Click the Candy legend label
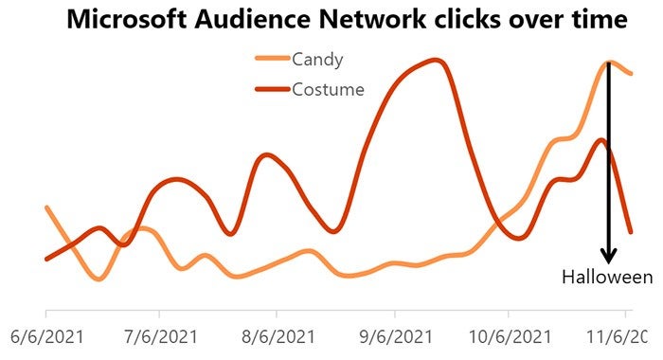(x=317, y=60)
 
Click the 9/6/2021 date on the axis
(x=396, y=336)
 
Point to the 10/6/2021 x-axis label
(x=508, y=336)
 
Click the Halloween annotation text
(x=607, y=277)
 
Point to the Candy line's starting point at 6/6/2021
(x=46, y=207)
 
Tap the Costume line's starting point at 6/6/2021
(x=46, y=258)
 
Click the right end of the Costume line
(x=631, y=230)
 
